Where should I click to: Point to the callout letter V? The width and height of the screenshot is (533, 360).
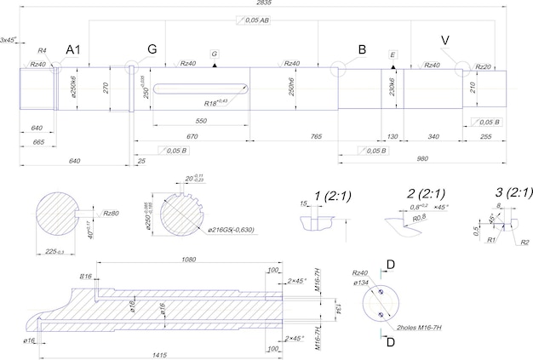click(445, 41)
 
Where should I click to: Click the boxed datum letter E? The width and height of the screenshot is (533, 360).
click(392, 54)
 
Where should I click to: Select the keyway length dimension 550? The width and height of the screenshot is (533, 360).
click(200, 122)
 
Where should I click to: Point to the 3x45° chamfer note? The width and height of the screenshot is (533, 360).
click(11, 40)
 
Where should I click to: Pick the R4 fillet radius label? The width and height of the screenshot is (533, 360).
click(42, 52)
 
